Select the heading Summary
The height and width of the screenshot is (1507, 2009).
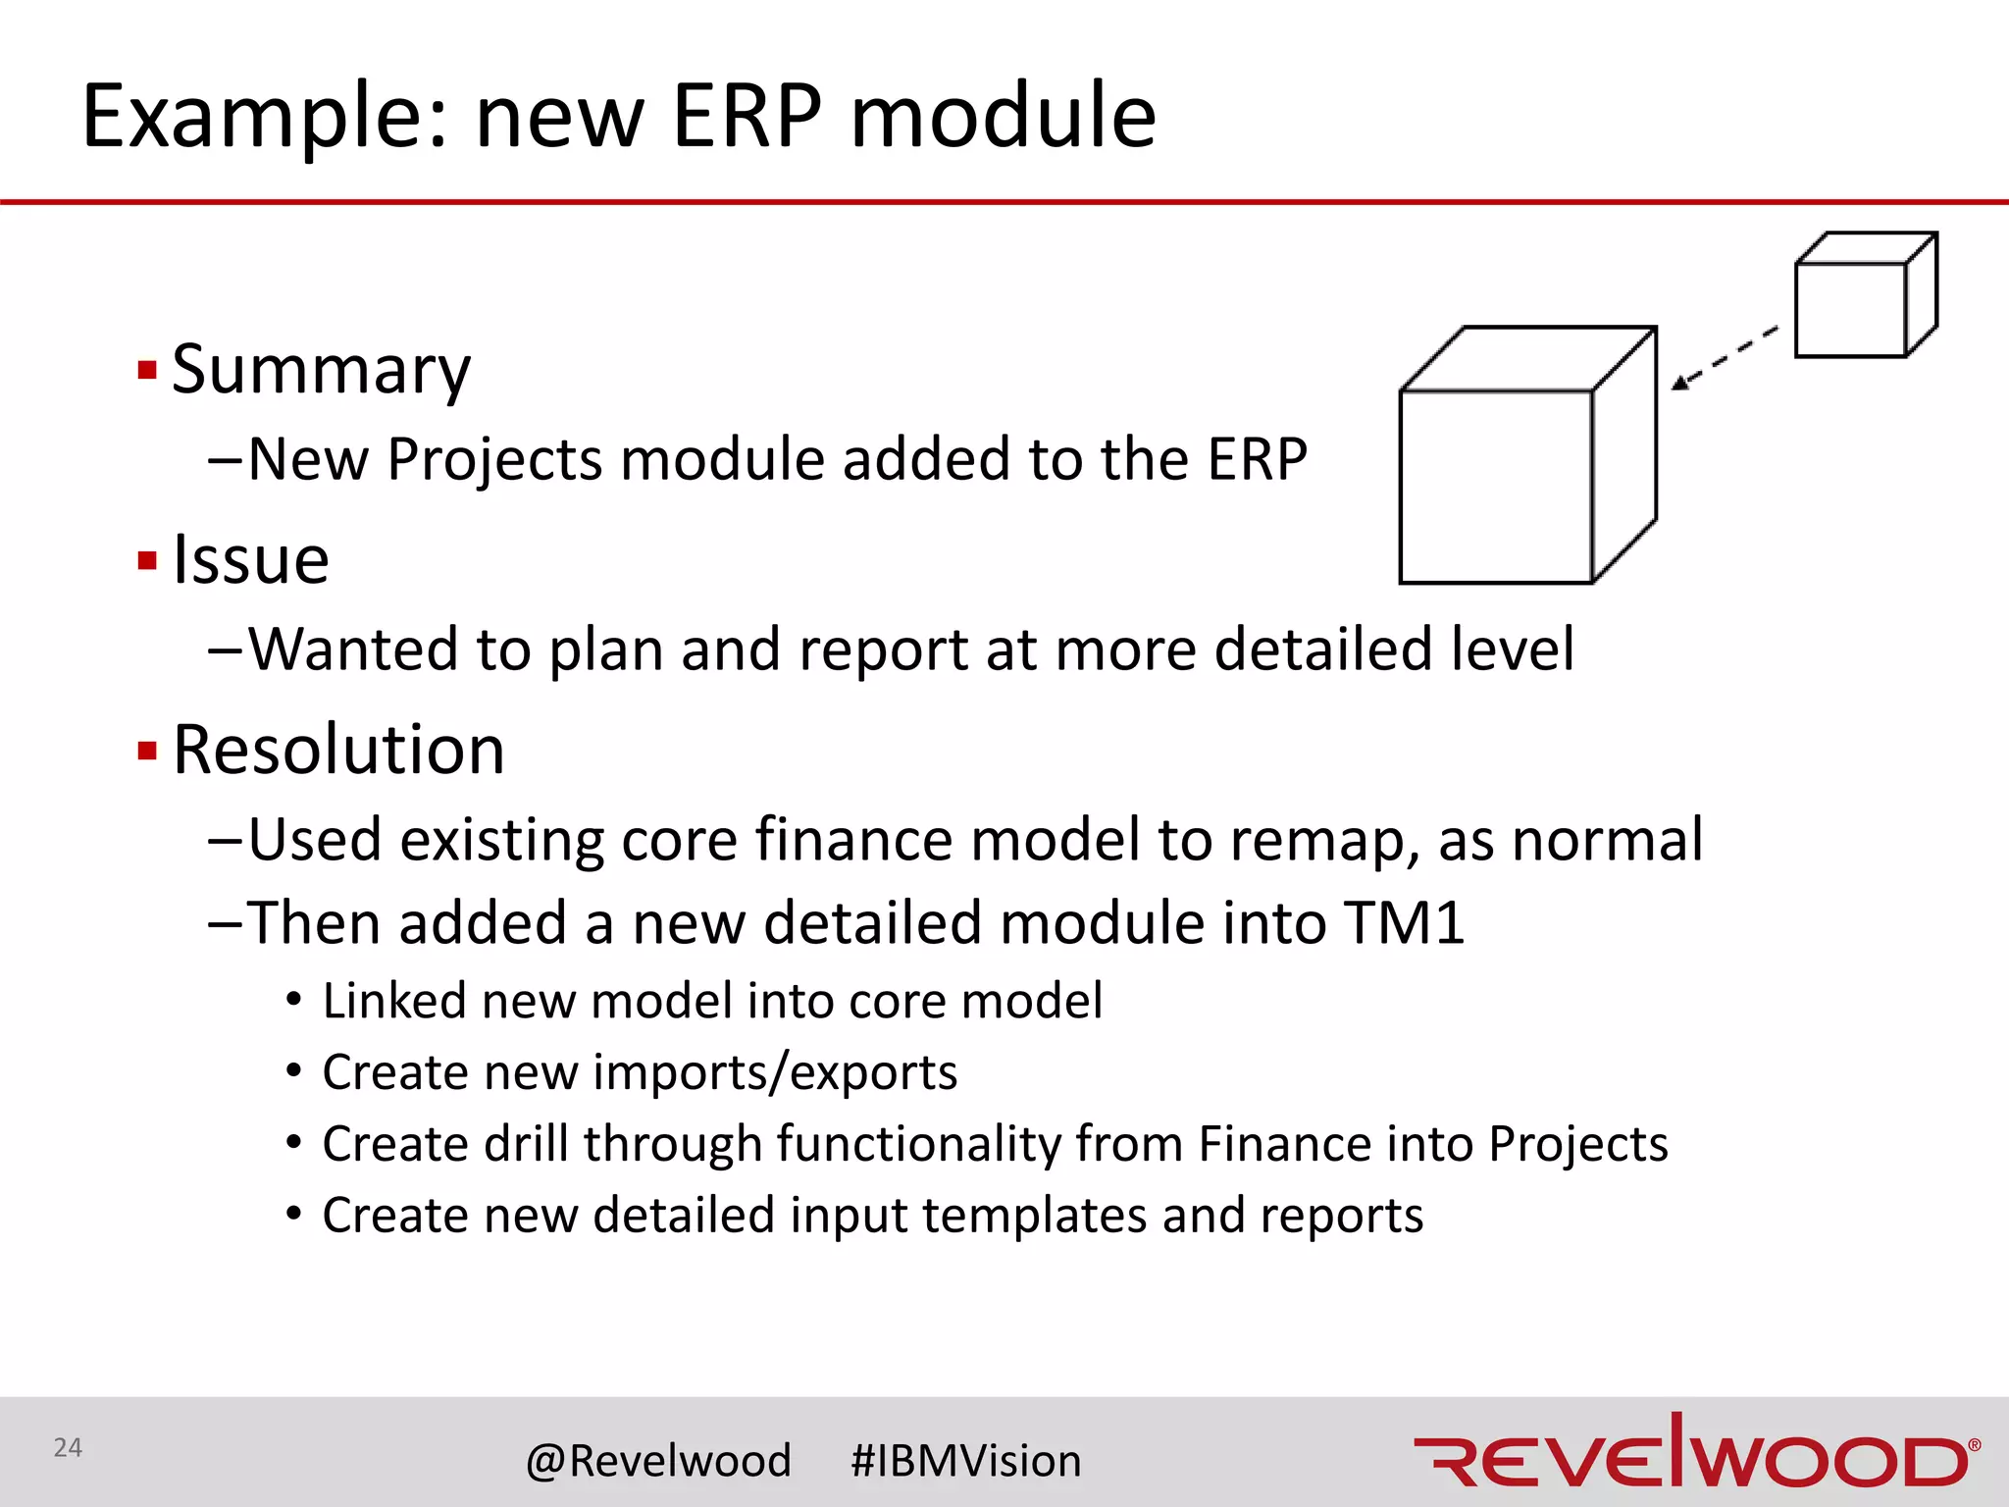coord(321,370)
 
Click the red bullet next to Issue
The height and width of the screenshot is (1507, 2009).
coord(148,561)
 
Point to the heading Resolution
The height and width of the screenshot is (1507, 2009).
coord(338,750)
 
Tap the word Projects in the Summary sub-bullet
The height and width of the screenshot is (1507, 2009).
coord(494,459)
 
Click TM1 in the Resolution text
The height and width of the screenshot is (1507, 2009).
coord(1405,923)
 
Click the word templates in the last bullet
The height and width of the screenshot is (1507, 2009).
coord(1034,1216)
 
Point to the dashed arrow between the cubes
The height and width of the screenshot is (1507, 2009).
coord(1725,357)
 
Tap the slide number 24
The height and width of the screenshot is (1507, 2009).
coord(68,1447)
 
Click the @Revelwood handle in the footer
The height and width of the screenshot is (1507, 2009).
coord(658,1461)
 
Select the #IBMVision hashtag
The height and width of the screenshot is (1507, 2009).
coord(965,1461)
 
